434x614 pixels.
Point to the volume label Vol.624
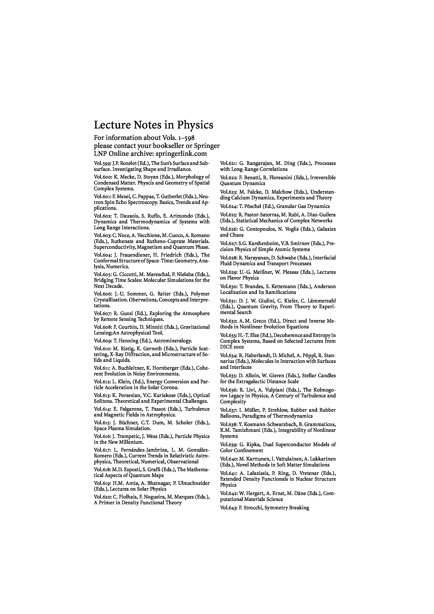(229, 206)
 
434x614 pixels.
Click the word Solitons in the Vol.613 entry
(102, 401)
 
